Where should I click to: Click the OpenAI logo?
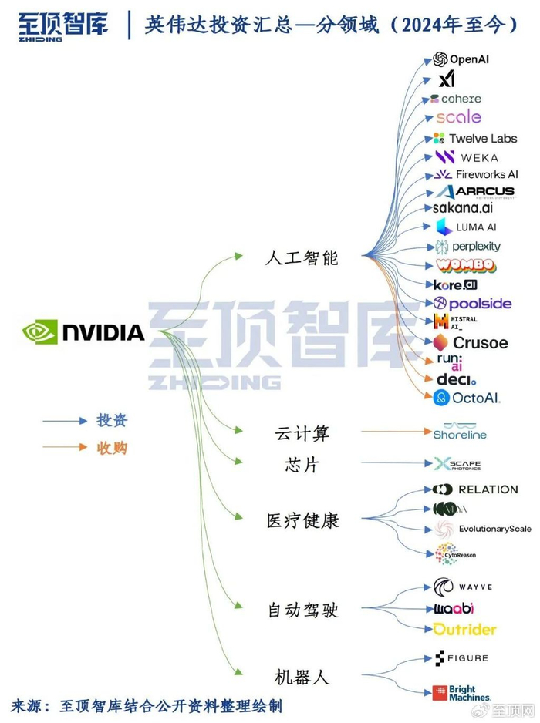461,59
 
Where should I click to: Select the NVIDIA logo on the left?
83,332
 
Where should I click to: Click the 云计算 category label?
302,434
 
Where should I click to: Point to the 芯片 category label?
302,466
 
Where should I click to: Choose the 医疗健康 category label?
302,520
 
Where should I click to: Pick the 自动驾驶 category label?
302,610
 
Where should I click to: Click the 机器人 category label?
302,678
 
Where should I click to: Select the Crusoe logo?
470,342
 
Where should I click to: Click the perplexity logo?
467,247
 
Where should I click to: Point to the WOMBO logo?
465,265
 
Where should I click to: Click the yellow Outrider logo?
464,630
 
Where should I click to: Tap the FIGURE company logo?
461,658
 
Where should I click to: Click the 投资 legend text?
112,421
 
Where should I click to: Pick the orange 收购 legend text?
112,448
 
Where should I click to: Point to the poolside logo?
472,304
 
